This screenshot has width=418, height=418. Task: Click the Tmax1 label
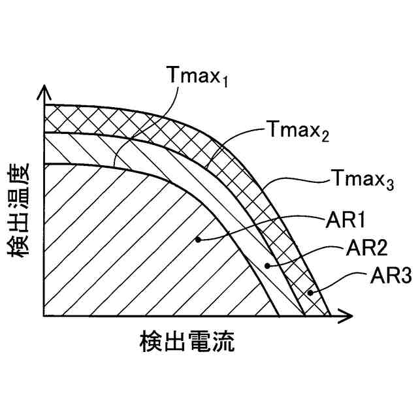click(x=199, y=77)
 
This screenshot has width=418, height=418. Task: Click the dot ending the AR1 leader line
click(x=198, y=240)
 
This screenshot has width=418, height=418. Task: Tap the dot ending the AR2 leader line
click(x=267, y=265)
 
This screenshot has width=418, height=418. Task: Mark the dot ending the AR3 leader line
click(x=312, y=293)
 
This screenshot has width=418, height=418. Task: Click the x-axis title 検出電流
click(x=187, y=342)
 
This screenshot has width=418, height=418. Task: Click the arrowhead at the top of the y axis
click(x=44, y=91)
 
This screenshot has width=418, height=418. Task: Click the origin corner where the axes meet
click(x=44, y=316)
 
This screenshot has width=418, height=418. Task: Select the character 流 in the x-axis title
click(x=223, y=342)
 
